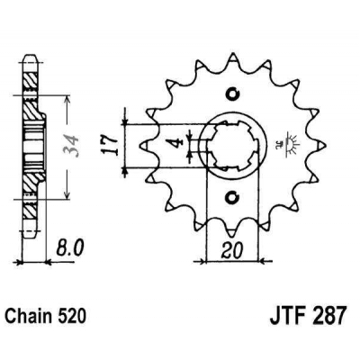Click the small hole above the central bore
coord(232,94)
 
